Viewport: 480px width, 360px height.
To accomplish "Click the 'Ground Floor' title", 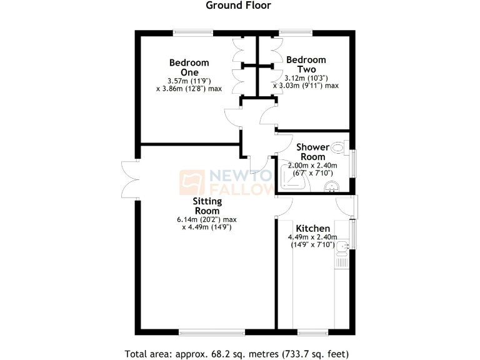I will click(x=239, y=6).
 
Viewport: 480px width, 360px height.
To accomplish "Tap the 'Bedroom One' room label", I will click(x=189, y=67).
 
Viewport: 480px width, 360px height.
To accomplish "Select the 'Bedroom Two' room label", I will click(x=301, y=64).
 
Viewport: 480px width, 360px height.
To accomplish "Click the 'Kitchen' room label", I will click(x=313, y=228).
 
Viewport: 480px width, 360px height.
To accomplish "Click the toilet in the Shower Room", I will click(x=339, y=148).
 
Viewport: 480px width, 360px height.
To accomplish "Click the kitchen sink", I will click(x=342, y=251).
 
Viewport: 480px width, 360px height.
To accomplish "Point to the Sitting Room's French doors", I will click(x=130, y=180).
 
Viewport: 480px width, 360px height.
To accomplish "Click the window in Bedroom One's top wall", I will click(x=192, y=32).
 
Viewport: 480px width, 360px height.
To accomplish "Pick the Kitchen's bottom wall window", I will click(x=312, y=331).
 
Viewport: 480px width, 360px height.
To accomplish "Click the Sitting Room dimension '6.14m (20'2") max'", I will click(x=205, y=219).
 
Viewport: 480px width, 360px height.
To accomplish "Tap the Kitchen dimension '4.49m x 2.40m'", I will click(x=312, y=237).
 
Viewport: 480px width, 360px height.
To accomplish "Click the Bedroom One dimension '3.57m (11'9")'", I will click(x=188, y=81).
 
